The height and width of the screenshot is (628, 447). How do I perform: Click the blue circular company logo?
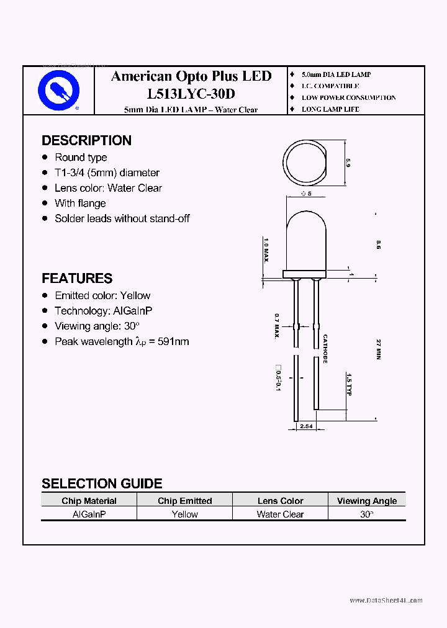click(x=59, y=91)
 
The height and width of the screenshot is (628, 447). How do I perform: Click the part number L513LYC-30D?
click(x=191, y=94)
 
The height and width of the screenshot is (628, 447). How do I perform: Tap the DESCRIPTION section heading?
click(x=86, y=140)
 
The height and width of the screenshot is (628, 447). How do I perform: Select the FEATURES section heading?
click(x=77, y=279)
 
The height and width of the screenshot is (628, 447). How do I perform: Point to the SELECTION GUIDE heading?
click(x=102, y=483)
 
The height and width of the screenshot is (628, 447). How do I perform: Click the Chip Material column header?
click(x=89, y=501)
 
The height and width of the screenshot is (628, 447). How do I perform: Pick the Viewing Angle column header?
click(x=366, y=501)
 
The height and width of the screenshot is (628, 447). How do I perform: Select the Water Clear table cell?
click(x=280, y=514)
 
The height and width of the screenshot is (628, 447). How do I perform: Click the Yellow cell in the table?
click(x=184, y=514)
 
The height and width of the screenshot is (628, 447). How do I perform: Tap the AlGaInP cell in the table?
click(x=89, y=514)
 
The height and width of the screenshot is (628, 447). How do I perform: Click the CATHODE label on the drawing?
click(x=325, y=349)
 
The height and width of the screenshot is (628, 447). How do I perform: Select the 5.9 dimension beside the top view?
click(x=348, y=164)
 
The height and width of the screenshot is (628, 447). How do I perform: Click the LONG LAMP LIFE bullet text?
click(x=330, y=109)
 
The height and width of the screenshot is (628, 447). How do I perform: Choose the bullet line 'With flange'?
click(x=80, y=204)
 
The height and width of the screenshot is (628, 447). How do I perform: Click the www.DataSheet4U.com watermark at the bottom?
click(x=386, y=600)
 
